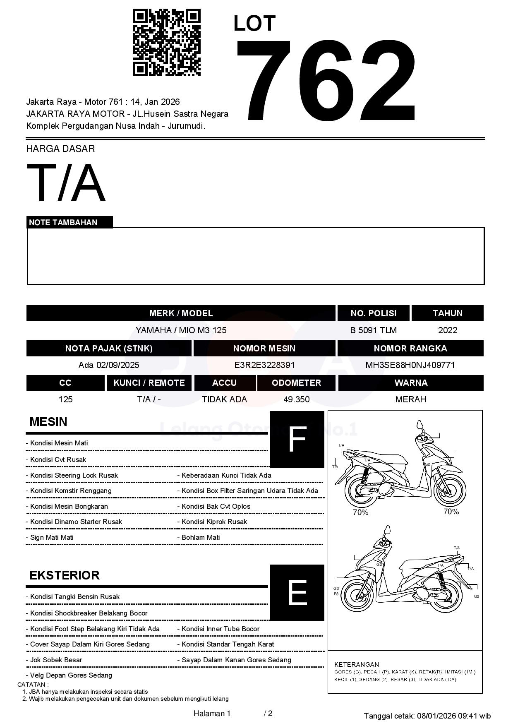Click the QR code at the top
166,43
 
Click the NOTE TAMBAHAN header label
63,222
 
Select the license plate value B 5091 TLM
373,330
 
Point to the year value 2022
448,330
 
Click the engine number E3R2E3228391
264,365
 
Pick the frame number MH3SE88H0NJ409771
410,365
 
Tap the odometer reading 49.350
296,399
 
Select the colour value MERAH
410,399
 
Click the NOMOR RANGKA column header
410,349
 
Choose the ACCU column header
224,383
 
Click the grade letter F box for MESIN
297,439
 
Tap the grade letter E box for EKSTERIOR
297,592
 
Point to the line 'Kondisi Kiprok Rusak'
214,522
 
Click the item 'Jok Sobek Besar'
56,660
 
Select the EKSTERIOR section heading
65,575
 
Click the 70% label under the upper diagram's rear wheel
360,512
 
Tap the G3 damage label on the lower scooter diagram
336,588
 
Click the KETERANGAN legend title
357,664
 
